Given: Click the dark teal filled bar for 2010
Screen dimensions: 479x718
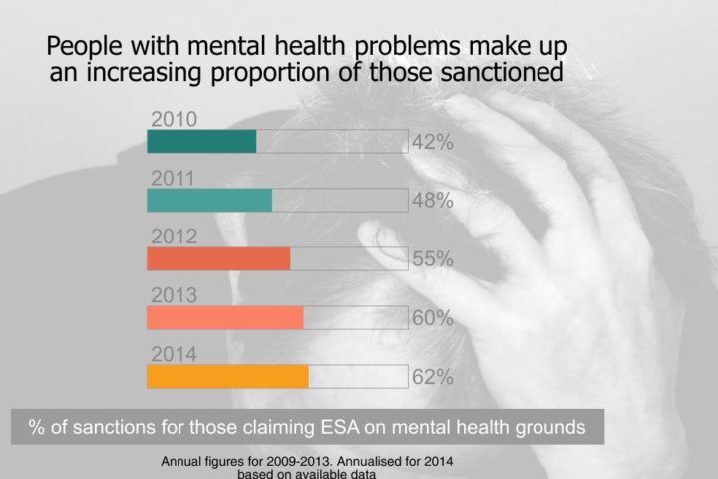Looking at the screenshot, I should tap(201, 141).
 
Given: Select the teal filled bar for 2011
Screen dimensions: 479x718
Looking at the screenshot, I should tap(209, 200).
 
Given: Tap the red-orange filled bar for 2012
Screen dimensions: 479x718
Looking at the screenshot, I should tap(218, 258).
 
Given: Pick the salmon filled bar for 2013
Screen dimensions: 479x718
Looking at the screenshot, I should tap(224, 317).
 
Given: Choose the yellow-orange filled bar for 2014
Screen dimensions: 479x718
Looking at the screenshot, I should tap(227, 376).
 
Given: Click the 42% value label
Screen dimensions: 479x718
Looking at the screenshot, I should tap(433, 142).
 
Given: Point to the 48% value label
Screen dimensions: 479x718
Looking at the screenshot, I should tap(433, 201).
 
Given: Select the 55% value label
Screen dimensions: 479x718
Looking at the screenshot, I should tap(433, 259).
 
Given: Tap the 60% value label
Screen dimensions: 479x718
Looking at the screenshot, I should tap(433, 318).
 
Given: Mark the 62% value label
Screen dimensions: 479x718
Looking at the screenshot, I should tap(433, 377).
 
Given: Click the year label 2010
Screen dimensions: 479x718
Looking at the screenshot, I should tap(174, 119).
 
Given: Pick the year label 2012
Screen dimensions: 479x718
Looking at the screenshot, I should tap(174, 238).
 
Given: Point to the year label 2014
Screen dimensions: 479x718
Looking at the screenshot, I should tap(174, 354).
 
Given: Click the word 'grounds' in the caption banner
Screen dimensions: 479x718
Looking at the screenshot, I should tap(545, 428).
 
